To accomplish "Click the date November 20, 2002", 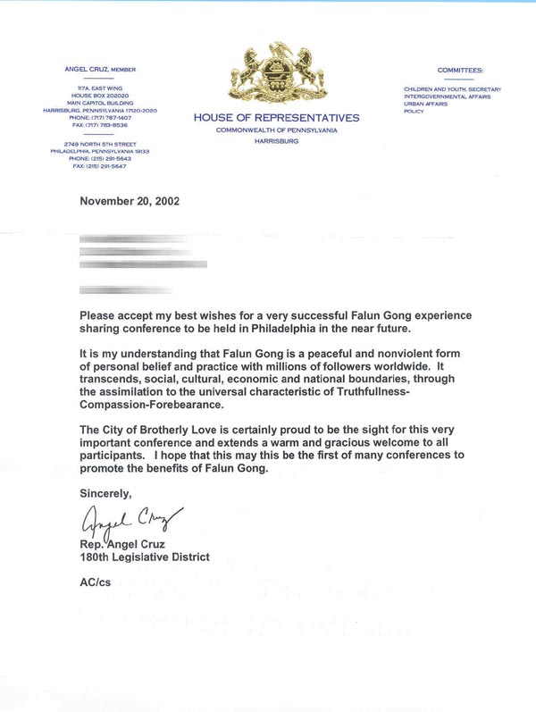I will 130,201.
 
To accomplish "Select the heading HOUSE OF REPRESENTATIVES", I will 276,118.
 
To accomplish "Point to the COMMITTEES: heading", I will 460,70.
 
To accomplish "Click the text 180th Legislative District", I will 145,557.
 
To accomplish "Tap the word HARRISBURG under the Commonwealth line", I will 276,141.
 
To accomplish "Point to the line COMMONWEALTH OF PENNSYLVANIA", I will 276,130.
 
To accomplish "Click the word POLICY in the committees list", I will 415,112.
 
